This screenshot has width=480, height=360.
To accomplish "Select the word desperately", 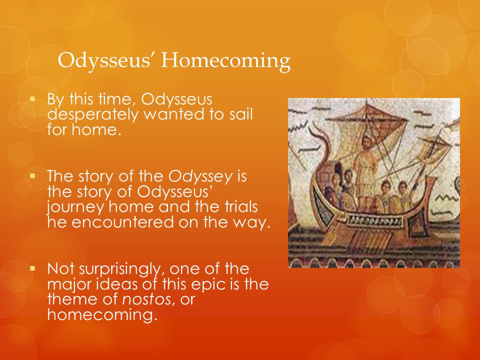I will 93,114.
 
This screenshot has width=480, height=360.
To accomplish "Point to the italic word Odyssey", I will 200,176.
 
